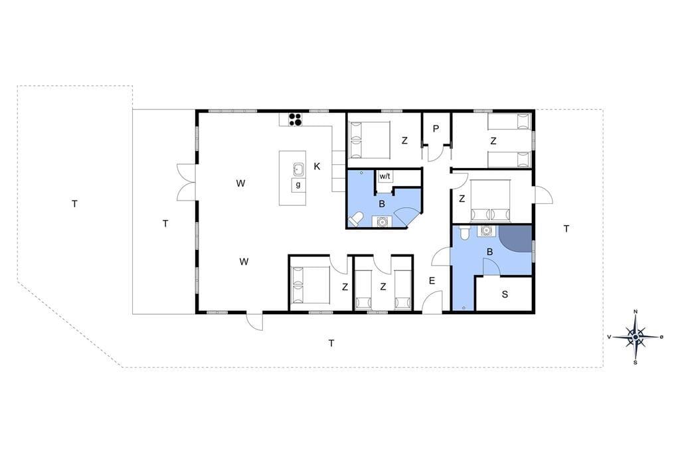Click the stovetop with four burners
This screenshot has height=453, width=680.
(x=296, y=120)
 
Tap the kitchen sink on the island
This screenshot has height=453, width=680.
(x=298, y=169)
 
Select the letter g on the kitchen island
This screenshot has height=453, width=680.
(x=298, y=184)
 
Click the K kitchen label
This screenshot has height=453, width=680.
(x=317, y=166)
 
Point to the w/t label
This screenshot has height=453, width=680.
(x=384, y=176)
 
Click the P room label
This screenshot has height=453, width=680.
(x=436, y=128)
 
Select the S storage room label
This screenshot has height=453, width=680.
(x=505, y=295)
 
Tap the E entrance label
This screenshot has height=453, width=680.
(x=432, y=281)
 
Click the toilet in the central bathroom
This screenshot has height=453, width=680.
(x=356, y=219)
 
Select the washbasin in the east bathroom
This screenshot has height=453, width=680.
(x=486, y=230)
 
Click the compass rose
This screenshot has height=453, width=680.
(x=636, y=337)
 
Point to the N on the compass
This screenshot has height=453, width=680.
(x=636, y=312)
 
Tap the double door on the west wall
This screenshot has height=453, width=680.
(x=187, y=182)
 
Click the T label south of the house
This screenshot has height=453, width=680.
(x=331, y=343)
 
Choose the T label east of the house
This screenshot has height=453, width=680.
(x=566, y=228)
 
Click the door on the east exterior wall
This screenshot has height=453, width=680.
(x=543, y=195)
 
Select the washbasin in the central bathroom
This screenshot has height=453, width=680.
(x=382, y=221)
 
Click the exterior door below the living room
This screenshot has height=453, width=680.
(x=255, y=321)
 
